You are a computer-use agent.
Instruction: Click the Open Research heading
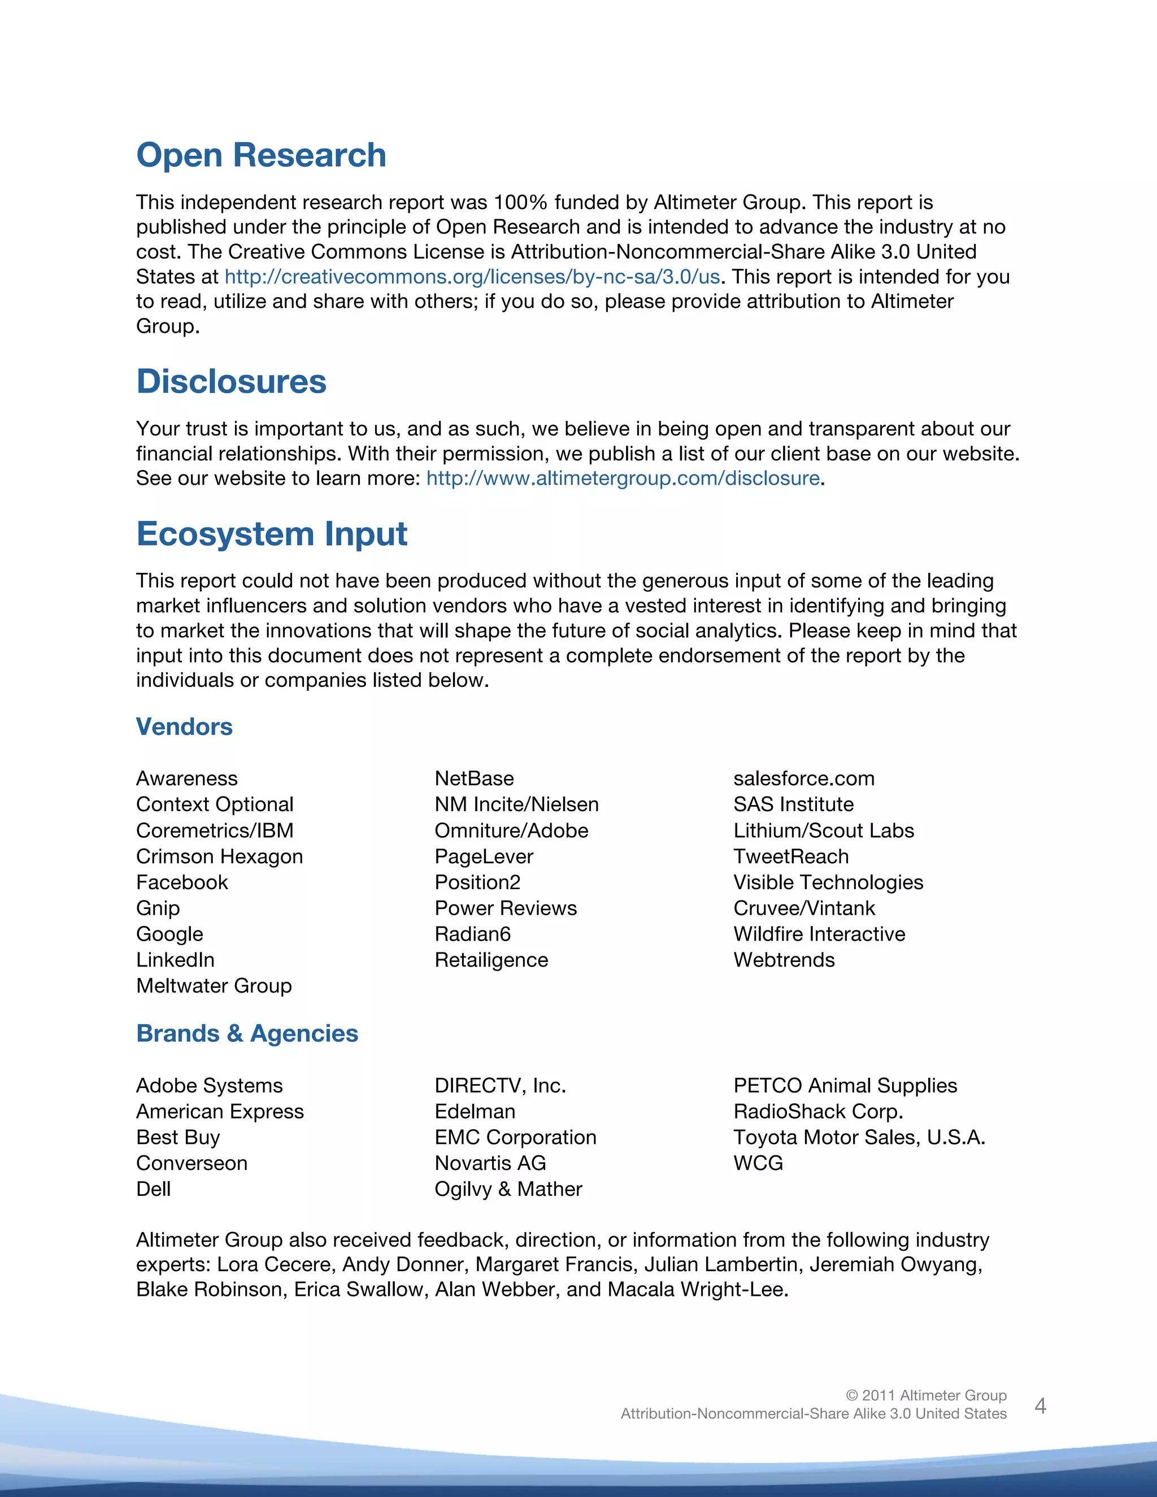261,155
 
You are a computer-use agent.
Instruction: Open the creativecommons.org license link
472,277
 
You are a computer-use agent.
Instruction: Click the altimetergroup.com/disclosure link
623,478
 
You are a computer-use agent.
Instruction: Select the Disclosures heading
231,382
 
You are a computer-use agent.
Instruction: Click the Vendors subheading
184,726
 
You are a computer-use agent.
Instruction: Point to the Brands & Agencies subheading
247,1033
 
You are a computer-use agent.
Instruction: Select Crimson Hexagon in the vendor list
219,857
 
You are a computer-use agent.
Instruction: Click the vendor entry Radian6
472,934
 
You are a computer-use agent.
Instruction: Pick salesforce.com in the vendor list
803,778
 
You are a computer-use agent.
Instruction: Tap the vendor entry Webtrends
784,960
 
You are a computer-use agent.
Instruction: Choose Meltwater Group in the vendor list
214,986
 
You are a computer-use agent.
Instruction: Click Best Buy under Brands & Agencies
178,1138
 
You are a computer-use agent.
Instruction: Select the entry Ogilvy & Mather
508,1189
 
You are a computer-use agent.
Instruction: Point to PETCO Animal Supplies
845,1086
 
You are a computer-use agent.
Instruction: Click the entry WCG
758,1163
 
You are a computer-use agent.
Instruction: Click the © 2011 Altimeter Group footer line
925,1395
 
